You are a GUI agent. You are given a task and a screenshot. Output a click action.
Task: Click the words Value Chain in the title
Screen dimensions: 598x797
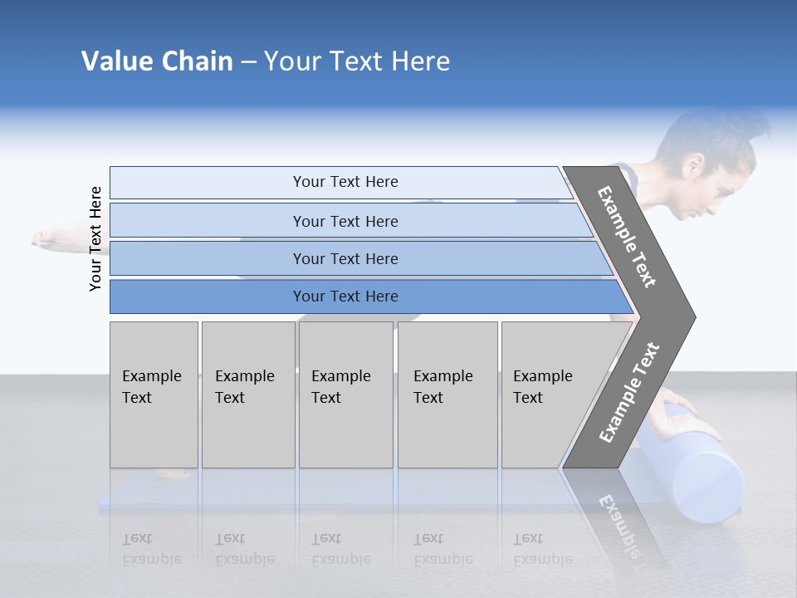(x=157, y=61)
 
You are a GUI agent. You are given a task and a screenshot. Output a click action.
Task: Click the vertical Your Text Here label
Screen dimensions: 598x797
(x=95, y=238)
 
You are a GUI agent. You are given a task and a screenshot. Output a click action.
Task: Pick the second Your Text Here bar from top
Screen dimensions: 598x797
(x=345, y=221)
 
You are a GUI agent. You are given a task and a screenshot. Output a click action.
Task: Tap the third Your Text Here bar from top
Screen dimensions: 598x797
(x=345, y=258)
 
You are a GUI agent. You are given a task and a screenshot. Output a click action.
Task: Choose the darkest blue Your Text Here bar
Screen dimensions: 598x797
(x=345, y=297)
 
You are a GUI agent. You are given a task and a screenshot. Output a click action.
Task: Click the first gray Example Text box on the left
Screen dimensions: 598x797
(x=154, y=395)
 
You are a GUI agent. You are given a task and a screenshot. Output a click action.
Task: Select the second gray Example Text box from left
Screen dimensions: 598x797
(x=248, y=395)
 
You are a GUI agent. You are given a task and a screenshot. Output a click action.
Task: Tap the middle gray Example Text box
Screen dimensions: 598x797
(x=345, y=395)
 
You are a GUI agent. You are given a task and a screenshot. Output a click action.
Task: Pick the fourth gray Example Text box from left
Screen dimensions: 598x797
(x=447, y=395)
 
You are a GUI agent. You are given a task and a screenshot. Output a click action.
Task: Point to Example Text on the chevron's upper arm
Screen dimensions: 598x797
(x=627, y=237)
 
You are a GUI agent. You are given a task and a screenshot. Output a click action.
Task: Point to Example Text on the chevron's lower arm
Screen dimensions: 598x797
(x=628, y=393)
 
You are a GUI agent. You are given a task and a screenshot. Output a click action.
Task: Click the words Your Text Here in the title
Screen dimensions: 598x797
(x=357, y=61)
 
